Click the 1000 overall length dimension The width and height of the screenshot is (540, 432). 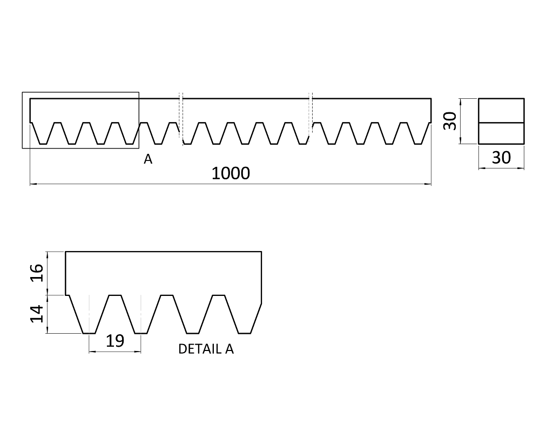pyautogui.click(x=231, y=173)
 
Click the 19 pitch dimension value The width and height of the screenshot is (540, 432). pyautogui.click(x=114, y=341)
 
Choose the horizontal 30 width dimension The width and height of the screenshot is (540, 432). pyautogui.click(x=501, y=158)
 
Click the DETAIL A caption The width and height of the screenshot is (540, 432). pyautogui.click(x=206, y=349)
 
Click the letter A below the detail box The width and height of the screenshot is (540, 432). pyautogui.click(x=147, y=159)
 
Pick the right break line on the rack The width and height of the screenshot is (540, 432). pyautogui.click(x=310, y=116)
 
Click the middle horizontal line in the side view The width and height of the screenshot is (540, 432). pyautogui.click(x=501, y=123)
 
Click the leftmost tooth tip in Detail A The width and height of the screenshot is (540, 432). pyautogui.click(x=89, y=333)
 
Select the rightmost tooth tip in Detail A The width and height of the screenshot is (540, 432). pyautogui.click(x=246, y=333)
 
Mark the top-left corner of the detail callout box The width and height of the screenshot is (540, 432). pyautogui.click(x=22, y=92)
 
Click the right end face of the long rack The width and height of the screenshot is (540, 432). pyautogui.click(x=431, y=111)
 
